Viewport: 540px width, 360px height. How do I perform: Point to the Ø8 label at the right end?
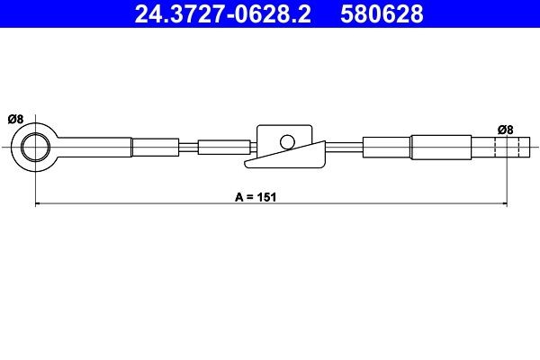506,130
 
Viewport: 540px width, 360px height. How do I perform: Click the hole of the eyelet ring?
35,147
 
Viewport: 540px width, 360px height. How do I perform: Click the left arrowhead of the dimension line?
38,206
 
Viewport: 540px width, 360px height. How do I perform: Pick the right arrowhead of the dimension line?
503,206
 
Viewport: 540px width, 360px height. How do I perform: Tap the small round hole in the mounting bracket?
287,140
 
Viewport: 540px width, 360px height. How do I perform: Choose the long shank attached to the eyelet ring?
94,147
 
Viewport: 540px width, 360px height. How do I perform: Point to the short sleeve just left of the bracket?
221,147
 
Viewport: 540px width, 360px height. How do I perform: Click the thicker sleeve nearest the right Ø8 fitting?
441,147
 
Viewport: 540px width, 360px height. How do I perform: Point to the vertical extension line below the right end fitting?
507,184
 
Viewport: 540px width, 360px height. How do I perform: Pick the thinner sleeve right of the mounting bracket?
387,147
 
